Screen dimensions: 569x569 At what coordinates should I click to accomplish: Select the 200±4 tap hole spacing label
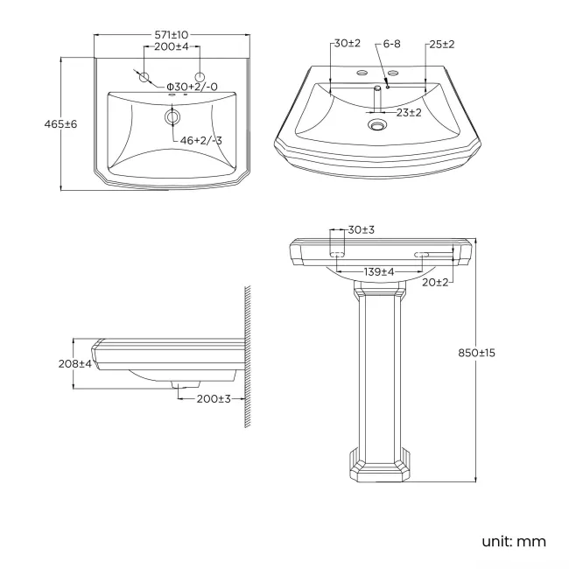click(x=172, y=46)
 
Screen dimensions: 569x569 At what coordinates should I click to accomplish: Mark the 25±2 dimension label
click(x=441, y=44)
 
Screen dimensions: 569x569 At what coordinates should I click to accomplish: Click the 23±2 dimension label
click(x=409, y=112)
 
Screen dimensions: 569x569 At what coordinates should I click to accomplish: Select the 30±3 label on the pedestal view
click(x=361, y=230)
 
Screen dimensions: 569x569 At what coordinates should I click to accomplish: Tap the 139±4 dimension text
click(x=379, y=272)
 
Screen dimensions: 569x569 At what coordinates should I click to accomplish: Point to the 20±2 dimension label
click(x=435, y=282)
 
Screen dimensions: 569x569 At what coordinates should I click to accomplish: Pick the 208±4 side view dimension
click(x=74, y=363)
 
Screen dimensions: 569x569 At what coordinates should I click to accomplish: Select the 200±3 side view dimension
click(x=214, y=398)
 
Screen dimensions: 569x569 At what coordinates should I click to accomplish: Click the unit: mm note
click(x=514, y=541)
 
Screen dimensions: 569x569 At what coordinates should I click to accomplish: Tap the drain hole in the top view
click(x=172, y=116)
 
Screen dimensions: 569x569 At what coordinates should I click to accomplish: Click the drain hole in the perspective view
click(x=377, y=126)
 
